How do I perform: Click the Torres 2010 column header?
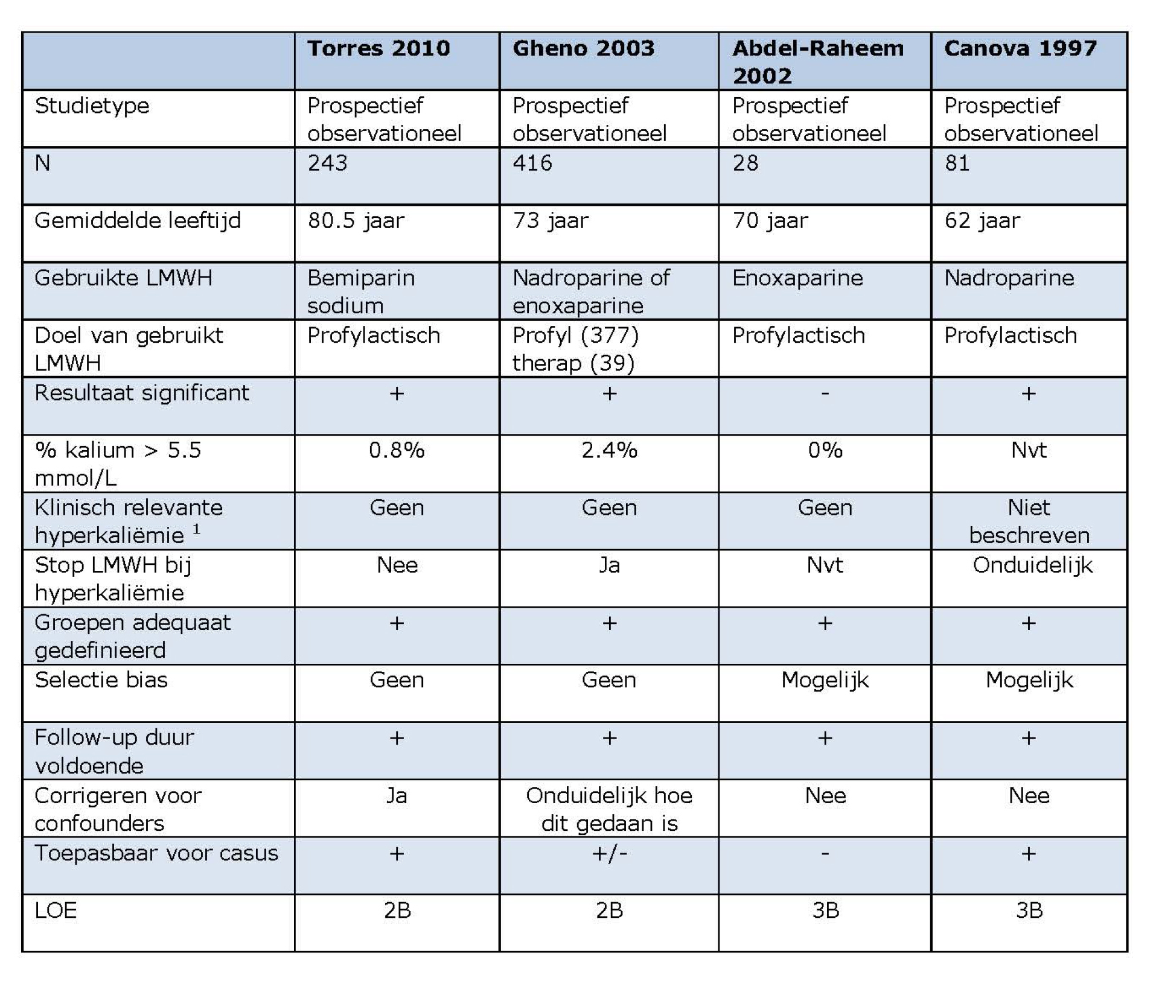tap(378, 48)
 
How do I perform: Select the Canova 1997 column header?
tap(1020, 48)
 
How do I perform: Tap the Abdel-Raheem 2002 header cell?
tap(818, 62)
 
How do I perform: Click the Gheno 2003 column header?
tap(583, 48)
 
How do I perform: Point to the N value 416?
tap(532, 163)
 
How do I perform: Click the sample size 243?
tap(327, 163)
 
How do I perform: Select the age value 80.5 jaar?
tap(356, 221)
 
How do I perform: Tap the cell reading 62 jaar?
tap(982, 221)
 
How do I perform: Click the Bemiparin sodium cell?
tap(361, 291)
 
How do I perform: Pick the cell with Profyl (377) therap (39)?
tap(575, 349)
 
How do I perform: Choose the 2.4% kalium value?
tap(609, 450)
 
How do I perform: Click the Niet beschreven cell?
tap(1029, 521)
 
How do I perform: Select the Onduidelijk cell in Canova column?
tap(1032, 565)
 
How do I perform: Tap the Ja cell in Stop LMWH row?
tap(609, 565)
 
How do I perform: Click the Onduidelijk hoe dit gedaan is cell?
tap(609, 809)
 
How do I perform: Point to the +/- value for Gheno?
tap(609, 854)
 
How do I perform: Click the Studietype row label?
tap(92, 106)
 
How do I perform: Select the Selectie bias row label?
tap(101, 680)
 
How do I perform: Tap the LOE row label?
tap(56, 911)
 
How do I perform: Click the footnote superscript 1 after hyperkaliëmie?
tap(196, 529)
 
